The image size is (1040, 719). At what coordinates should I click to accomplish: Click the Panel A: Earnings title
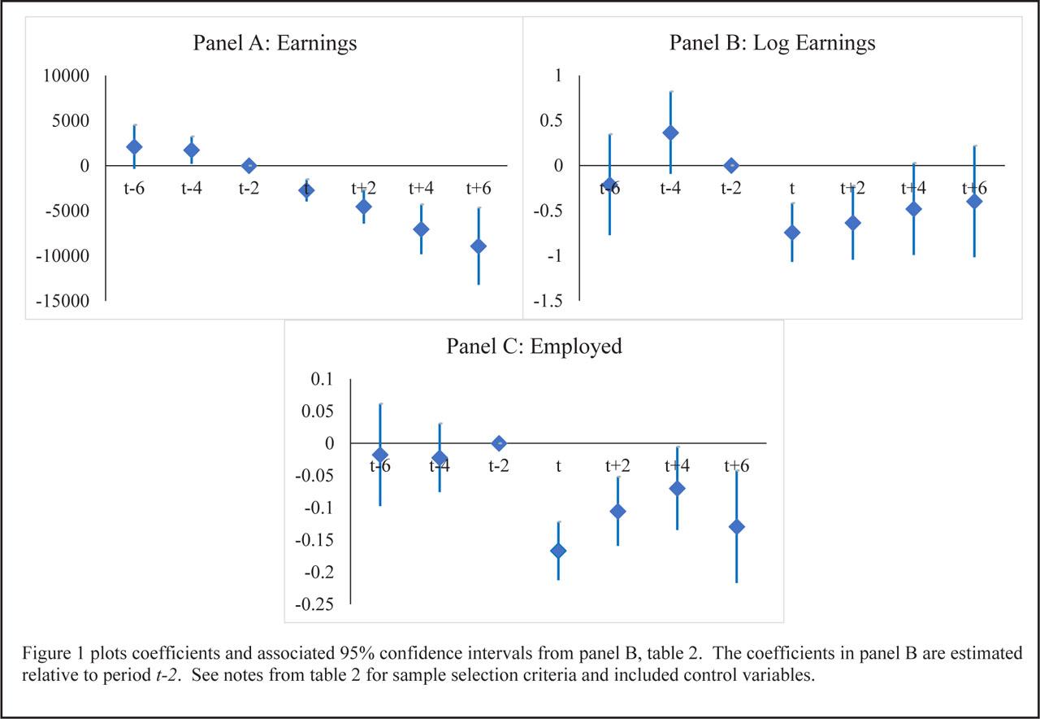[x=275, y=43]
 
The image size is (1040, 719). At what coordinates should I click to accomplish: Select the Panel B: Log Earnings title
[x=772, y=43]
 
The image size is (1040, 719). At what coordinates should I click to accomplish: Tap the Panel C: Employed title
[x=534, y=346]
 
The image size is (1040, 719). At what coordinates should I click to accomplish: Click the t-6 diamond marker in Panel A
[x=134, y=146]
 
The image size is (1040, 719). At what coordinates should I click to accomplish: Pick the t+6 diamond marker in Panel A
[x=479, y=246]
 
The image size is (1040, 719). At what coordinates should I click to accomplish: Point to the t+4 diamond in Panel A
[x=421, y=229]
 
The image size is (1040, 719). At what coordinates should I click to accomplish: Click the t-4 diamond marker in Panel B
[x=670, y=133]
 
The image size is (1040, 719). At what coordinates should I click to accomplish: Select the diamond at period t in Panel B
[x=792, y=233]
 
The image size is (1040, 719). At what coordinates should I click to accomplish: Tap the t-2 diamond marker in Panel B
[x=731, y=165]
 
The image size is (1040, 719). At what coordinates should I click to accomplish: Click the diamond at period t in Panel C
[x=558, y=551]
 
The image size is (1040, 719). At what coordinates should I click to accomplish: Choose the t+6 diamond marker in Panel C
[x=736, y=526]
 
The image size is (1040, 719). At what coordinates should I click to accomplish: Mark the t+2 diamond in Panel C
[x=617, y=511]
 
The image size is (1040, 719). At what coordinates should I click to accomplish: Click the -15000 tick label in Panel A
[x=68, y=301]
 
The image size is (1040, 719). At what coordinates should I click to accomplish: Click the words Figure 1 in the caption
[x=50, y=655]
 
